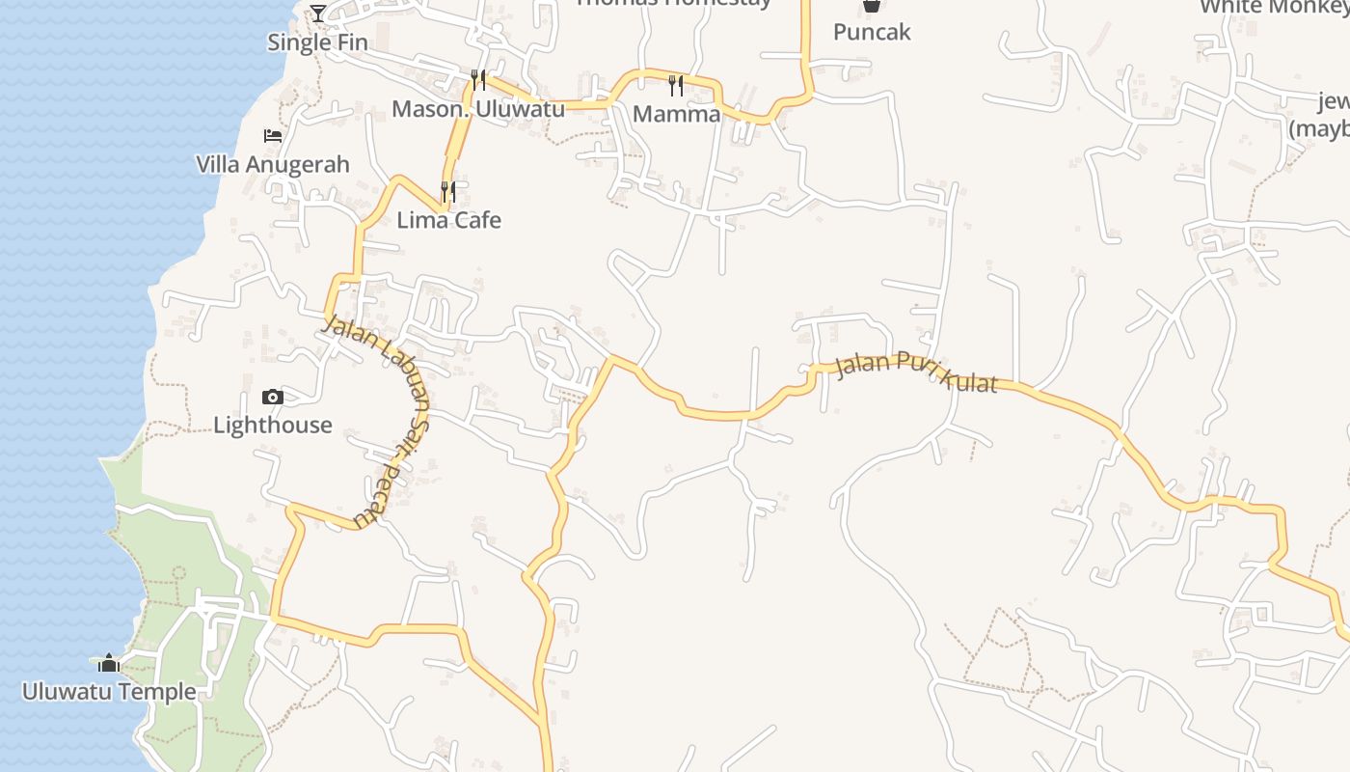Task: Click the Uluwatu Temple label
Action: tap(109, 692)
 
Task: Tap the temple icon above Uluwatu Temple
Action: tap(109, 663)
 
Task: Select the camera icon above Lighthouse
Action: tap(272, 397)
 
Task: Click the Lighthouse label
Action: tap(273, 425)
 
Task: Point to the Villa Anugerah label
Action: tap(273, 164)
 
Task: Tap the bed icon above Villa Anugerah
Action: tap(273, 136)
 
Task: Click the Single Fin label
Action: tap(318, 42)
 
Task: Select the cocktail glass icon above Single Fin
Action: tap(318, 14)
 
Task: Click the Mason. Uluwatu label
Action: tap(478, 109)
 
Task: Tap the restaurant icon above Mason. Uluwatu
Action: tap(478, 79)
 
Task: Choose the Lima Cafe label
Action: tap(449, 220)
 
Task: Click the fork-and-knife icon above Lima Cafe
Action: tap(448, 191)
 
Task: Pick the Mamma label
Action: tap(677, 114)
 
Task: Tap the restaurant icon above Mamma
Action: tap(676, 86)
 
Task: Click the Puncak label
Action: tap(872, 32)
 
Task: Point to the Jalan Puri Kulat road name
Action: tap(915, 372)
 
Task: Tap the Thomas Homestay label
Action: tap(674, 4)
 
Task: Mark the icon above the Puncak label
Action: tap(872, 6)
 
